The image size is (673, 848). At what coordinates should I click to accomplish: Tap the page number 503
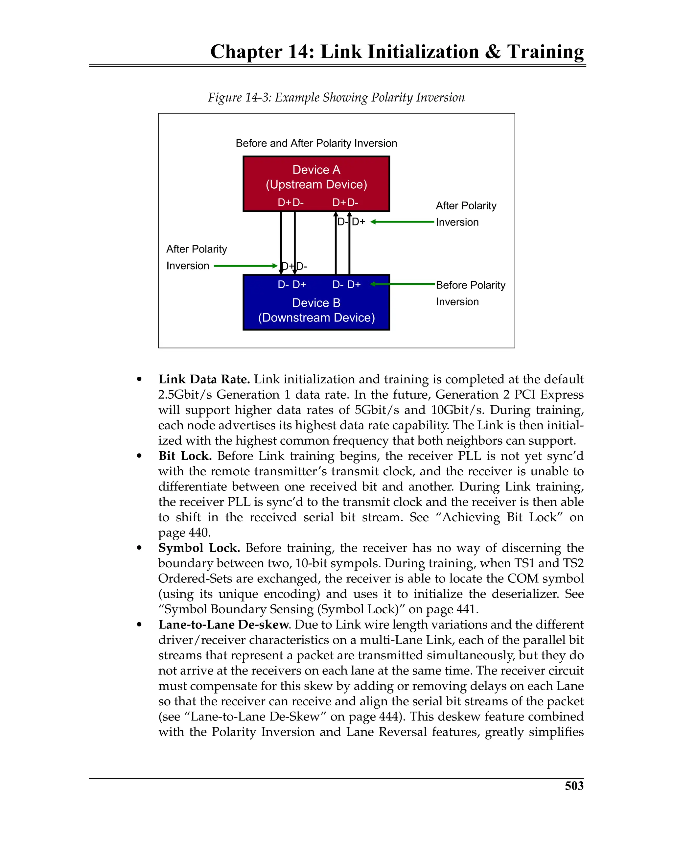tap(574, 786)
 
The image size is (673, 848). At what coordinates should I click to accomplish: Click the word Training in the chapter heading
tap(545, 52)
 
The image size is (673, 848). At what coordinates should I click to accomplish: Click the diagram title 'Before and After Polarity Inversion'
tap(316, 143)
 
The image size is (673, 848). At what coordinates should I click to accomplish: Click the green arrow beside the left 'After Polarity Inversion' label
tap(245, 266)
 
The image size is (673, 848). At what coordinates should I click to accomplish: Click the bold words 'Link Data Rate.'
tap(204, 379)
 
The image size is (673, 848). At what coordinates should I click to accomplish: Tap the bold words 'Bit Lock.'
tap(185, 456)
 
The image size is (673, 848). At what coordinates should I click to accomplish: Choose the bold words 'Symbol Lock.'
tap(199, 548)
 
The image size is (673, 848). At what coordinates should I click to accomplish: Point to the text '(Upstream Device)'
tap(316, 184)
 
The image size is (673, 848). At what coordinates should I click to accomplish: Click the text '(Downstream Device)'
tap(316, 318)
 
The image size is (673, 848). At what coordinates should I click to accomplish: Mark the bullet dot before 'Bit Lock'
tap(139, 456)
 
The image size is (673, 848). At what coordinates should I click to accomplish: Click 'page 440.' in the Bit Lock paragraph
tap(184, 532)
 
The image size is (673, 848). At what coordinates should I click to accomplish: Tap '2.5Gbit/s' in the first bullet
tap(184, 394)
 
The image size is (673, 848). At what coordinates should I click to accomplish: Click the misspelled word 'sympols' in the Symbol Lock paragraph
tap(360, 563)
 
